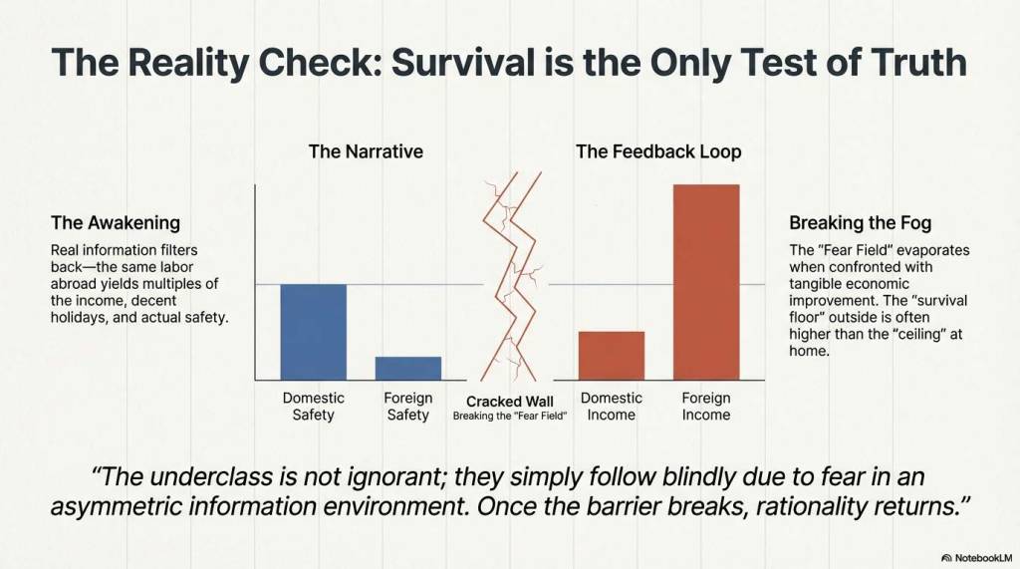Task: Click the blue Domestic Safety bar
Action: click(x=314, y=332)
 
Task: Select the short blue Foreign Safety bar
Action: click(x=407, y=369)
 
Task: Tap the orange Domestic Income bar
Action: click(x=612, y=356)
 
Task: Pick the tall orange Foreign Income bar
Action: click(x=706, y=282)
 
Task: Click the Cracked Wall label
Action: click(x=510, y=402)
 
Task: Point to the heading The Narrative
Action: click(x=366, y=151)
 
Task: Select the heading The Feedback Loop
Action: click(x=658, y=151)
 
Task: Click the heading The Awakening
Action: click(x=116, y=222)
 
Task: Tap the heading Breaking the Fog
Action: click(x=860, y=222)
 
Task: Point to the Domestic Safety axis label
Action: click(x=314, y=407)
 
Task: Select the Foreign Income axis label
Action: click(x=706, y=407)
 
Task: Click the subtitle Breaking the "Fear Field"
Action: click(x=510, y=416)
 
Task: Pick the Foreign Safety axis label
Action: click(x=407, y=407)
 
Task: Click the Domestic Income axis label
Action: click(x=612, y=407)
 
